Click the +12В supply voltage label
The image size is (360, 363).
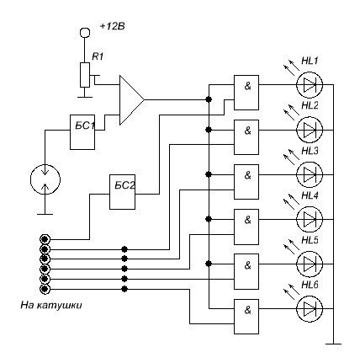click(113, 26)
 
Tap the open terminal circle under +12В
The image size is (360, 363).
click(85, 33)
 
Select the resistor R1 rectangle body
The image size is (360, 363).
click(85, 75)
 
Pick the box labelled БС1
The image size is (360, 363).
click(82, 132)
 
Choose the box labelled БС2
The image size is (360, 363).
click(122, 192)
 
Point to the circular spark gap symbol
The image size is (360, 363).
click(45, 179)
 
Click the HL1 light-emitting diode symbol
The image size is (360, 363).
click(310, 84)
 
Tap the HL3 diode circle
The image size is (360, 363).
click(310, 174)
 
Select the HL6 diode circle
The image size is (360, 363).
click(310, 308)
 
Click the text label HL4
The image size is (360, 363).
click(310, 195)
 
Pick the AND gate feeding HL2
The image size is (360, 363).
click(246, 137)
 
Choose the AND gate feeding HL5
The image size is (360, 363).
click(246, 271)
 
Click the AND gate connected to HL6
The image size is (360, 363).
click(246, 317)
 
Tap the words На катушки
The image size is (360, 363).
click(51, 305)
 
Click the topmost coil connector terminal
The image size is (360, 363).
click(45, 239)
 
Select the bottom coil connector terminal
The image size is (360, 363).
click(45, 289)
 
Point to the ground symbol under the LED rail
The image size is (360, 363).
click(333, 344)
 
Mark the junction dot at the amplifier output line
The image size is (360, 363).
click(208, 99)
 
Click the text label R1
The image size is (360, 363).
click(98, 56)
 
